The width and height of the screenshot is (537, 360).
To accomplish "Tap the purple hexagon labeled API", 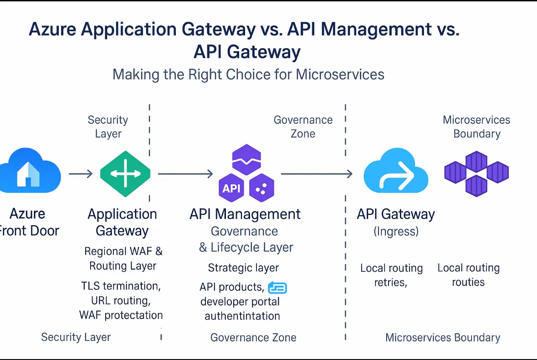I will (231, 188).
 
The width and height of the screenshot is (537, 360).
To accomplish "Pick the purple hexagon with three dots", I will (261, 188).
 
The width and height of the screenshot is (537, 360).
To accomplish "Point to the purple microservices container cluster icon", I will (476, 173).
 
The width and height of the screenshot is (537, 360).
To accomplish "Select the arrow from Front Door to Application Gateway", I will (81, 174).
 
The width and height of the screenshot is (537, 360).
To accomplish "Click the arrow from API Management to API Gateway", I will (317, 173).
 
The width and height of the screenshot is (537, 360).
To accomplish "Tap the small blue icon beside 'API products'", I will (277, 288).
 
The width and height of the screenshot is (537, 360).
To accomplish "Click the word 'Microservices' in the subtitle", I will (340, 74).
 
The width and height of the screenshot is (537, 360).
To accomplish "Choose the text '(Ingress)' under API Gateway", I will (396, 231).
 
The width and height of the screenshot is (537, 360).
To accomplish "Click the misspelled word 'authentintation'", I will (242, 316).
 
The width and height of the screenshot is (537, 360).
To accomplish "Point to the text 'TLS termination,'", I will (121, 286).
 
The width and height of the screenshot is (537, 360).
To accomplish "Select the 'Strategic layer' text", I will (243, 268).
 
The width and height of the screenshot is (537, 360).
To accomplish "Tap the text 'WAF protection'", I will (121, 315).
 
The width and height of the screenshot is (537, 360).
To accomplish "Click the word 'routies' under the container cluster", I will (468, 282).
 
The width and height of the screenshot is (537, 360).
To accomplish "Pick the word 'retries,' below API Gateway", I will (390, 283).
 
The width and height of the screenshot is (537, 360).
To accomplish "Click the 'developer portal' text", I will (240, 301).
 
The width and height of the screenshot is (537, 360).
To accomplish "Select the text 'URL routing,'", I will (121, 300).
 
